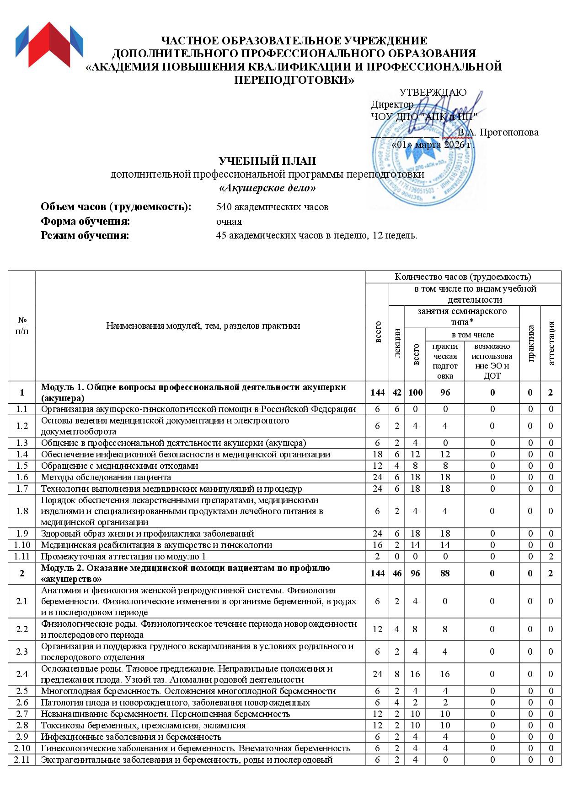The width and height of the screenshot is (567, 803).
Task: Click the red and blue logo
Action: click(x=49, y=44)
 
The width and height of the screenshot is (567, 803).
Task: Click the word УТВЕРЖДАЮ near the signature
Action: click(x=433, y=92)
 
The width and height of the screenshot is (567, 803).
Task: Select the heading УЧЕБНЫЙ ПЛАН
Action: click(x=267, y=161)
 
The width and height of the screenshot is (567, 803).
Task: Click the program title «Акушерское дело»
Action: click(x=267, y=188)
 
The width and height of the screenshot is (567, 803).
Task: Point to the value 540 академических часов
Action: click(x=272, y=207)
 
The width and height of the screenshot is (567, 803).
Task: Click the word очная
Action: click(x=229, y=222)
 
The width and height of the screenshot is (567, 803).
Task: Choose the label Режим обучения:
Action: click(x=85, y=236)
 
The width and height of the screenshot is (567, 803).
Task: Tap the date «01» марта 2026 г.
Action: click(x=433, y=145)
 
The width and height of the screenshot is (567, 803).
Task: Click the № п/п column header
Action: click(x=22, y=326)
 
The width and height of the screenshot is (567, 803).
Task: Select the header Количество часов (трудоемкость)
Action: click(x=463, y=277)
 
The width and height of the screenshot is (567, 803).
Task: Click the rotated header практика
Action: click(x=530, y=343)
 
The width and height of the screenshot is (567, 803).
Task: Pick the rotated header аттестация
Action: click(x=551, y=343)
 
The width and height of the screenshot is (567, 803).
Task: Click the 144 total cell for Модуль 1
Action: click(x=378, y=392)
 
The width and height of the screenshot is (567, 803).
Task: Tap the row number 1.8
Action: click(x=22, y=511)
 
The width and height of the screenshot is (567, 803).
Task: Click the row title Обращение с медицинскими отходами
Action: click(x=120, y=466)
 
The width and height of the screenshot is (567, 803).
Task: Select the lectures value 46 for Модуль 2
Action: click(x=397, y=573)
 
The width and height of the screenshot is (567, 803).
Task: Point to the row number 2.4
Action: click(x=22, y=674)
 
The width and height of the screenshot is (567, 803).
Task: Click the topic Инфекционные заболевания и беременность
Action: click(x=131, y=737)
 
